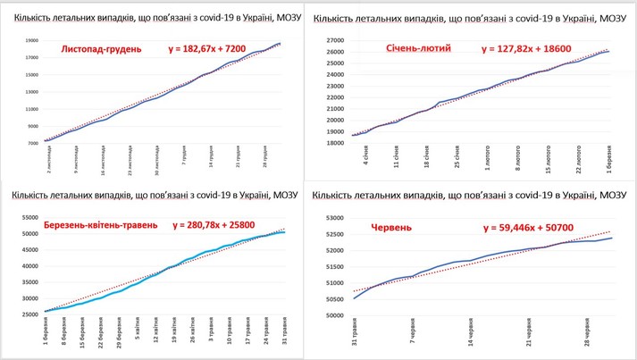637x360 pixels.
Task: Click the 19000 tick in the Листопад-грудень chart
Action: tap(31, 40)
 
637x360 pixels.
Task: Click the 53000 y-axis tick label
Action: tap(332, 217)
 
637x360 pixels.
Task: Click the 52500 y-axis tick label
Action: tap(332, 233)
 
